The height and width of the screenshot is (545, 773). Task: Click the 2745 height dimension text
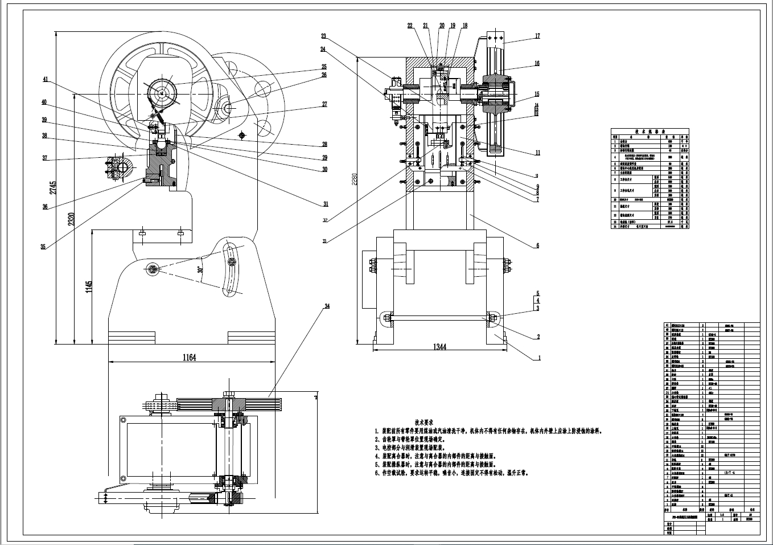click(53, 189)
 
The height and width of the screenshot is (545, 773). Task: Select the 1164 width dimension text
click(189, 358)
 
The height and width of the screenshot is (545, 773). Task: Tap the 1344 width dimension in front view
click(440, 347)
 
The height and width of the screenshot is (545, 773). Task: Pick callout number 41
click(45, 80)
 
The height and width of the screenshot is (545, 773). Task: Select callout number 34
click(327, 306)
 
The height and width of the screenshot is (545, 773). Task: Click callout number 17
click(537, 36)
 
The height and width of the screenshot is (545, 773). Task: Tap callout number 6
click(537, 246)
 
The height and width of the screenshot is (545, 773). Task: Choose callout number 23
click(323, 36)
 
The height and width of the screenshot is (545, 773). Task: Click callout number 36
click(45, 207)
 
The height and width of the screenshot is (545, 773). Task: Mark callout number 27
click(324, 104)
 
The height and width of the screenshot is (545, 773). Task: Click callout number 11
click(537, 153)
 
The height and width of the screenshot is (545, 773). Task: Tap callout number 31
click(326, 204)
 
